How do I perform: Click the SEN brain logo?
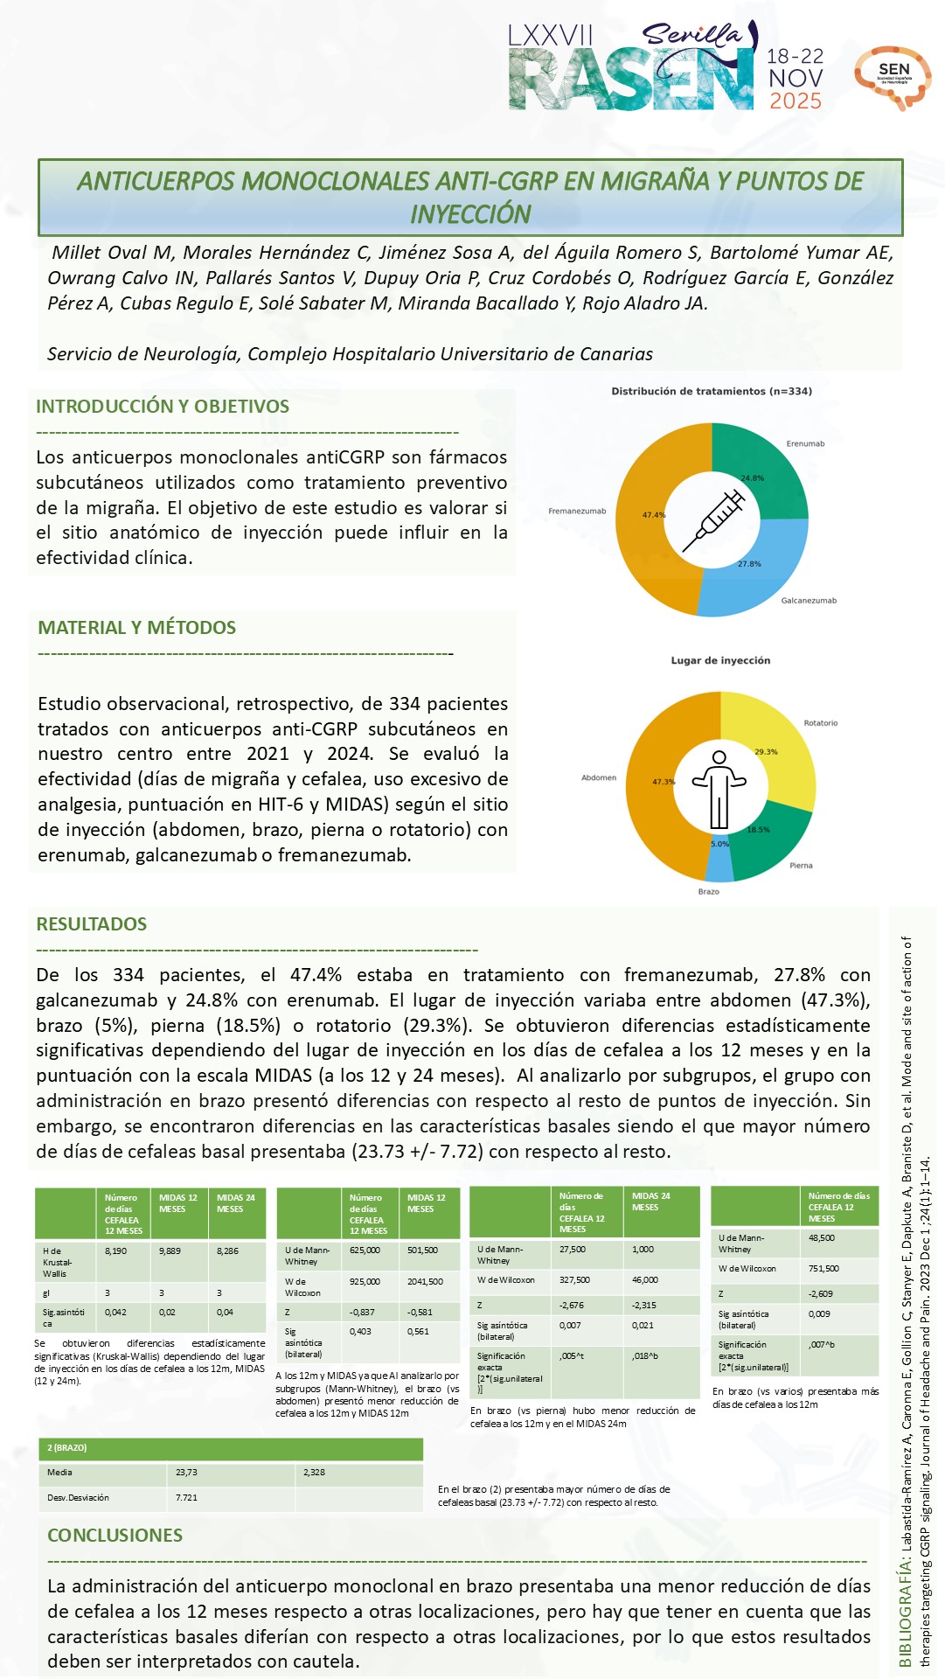893,77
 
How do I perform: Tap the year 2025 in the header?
795,101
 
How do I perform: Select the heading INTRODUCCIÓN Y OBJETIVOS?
163,407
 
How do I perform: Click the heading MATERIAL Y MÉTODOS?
136,628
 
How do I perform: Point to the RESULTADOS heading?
91,924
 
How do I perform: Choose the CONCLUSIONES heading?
115,1536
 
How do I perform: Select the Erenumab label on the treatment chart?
805,444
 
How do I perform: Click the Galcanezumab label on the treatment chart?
809,601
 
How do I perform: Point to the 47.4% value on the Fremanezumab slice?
654,515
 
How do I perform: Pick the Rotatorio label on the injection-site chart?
820,723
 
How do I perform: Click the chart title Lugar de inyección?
720,661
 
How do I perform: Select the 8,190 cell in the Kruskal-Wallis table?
115,1251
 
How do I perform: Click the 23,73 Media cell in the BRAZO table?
186,1473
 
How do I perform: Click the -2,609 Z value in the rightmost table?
821,1293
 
